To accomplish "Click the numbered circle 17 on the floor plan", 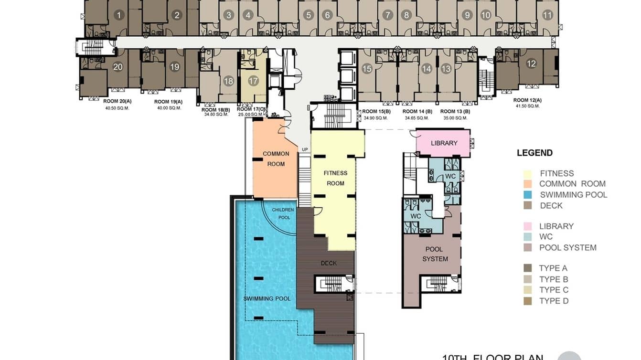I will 253,81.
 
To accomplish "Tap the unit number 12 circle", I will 531,64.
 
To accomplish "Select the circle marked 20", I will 118,67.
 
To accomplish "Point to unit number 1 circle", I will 118,15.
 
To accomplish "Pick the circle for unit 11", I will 547,15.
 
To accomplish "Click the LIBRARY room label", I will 444,143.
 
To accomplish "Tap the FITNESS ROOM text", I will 335,178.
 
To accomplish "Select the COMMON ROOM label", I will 276,159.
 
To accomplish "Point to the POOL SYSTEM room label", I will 435,254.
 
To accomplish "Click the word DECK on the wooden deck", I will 329,263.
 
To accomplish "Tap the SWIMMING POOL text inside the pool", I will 267,298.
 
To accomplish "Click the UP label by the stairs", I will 305,149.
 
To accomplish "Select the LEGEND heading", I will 534,153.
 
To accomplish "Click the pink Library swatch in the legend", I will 528,226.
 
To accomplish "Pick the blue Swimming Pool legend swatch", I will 528,195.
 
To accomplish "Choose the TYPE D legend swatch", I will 528,301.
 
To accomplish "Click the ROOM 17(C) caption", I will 251,109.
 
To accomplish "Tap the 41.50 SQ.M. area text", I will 527,106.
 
